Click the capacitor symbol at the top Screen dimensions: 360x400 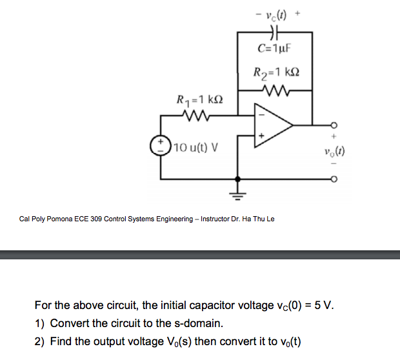coord(275,31)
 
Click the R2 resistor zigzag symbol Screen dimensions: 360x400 coord(275,89)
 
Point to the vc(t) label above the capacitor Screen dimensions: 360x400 coord(276,11)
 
